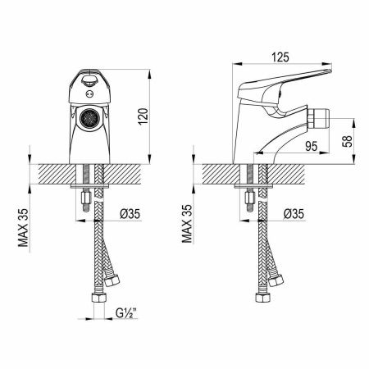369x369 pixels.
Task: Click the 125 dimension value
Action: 280,57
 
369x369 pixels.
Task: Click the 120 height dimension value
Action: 143,116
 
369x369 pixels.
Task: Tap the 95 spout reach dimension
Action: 312,147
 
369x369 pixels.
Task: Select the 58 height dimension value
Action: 347,141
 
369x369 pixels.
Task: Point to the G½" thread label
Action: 126,313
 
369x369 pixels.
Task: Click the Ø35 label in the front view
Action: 130,214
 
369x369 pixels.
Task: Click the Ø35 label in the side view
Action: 294,214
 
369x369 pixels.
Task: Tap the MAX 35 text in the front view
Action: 23,228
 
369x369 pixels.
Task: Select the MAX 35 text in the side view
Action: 187,224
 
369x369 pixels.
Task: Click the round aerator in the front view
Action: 89,118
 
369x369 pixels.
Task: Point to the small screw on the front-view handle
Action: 89,94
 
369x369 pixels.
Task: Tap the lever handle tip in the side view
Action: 330,71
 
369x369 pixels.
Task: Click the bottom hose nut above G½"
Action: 99,298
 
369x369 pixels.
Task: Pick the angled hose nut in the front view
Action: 112,280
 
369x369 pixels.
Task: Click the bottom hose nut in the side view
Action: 263,298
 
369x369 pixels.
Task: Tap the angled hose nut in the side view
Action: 276,280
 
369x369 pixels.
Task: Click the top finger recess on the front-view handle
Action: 89,80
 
